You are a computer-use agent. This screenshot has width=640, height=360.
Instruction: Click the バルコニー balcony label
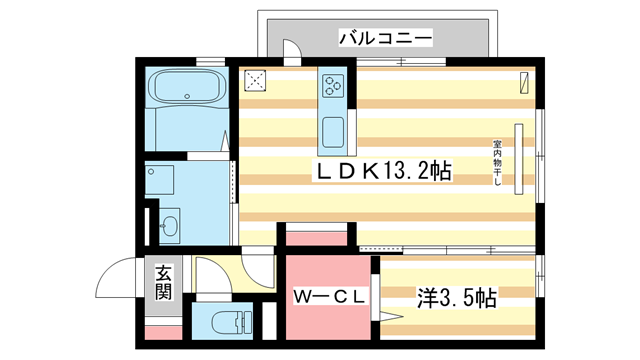[384, 38]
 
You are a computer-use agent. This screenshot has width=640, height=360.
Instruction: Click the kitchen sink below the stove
[332, 130]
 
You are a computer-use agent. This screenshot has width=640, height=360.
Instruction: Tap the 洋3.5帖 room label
[456, 297]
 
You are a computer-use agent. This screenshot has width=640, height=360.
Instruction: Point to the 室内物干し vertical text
[497, 161]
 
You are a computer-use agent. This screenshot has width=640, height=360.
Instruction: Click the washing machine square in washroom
[160, 180]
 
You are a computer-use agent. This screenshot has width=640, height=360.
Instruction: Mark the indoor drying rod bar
[519, 159]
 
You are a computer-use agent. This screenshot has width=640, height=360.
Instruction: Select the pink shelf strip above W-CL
[314, 238]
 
